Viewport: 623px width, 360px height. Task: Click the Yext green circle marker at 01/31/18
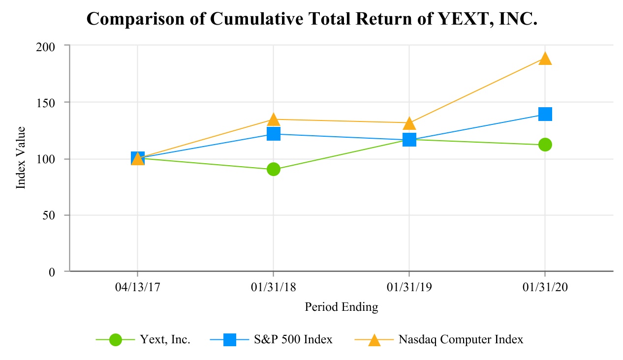point(274,169)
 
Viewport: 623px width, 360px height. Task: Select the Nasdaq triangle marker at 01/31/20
point(545,59)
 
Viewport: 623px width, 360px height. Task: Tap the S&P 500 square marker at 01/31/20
point(545,114)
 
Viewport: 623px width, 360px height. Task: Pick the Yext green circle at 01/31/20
point(545,145)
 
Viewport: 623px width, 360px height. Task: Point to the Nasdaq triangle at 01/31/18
point(274,119)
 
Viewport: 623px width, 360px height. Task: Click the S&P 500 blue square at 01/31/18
point(274,134)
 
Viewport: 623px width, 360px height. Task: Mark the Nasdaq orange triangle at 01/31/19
point(409,123)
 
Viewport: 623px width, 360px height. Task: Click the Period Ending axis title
point(342,307)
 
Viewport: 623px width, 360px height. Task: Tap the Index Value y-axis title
point(21,158)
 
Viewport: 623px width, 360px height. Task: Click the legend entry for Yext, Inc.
point(165,339)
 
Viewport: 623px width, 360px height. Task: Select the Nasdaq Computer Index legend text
point(461,339)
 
